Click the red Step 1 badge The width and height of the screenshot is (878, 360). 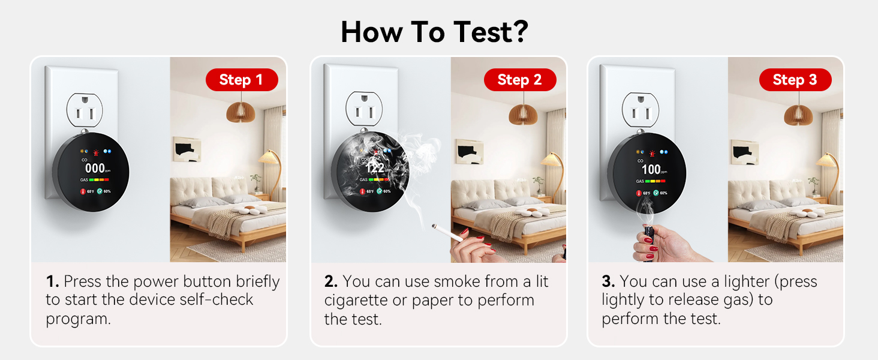click(x=241, y=80)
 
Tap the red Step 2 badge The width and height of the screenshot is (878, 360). click(x=519, y=80)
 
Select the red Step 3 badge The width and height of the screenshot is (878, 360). click(x=795, y=80)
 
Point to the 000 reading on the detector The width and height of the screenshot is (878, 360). click(x=95, y=169)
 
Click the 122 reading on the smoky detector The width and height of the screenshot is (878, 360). click(x=375, y=169)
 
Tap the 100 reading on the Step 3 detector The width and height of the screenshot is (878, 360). click(x=651, y=169)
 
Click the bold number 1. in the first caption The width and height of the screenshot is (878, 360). click(x=52, y=281)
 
